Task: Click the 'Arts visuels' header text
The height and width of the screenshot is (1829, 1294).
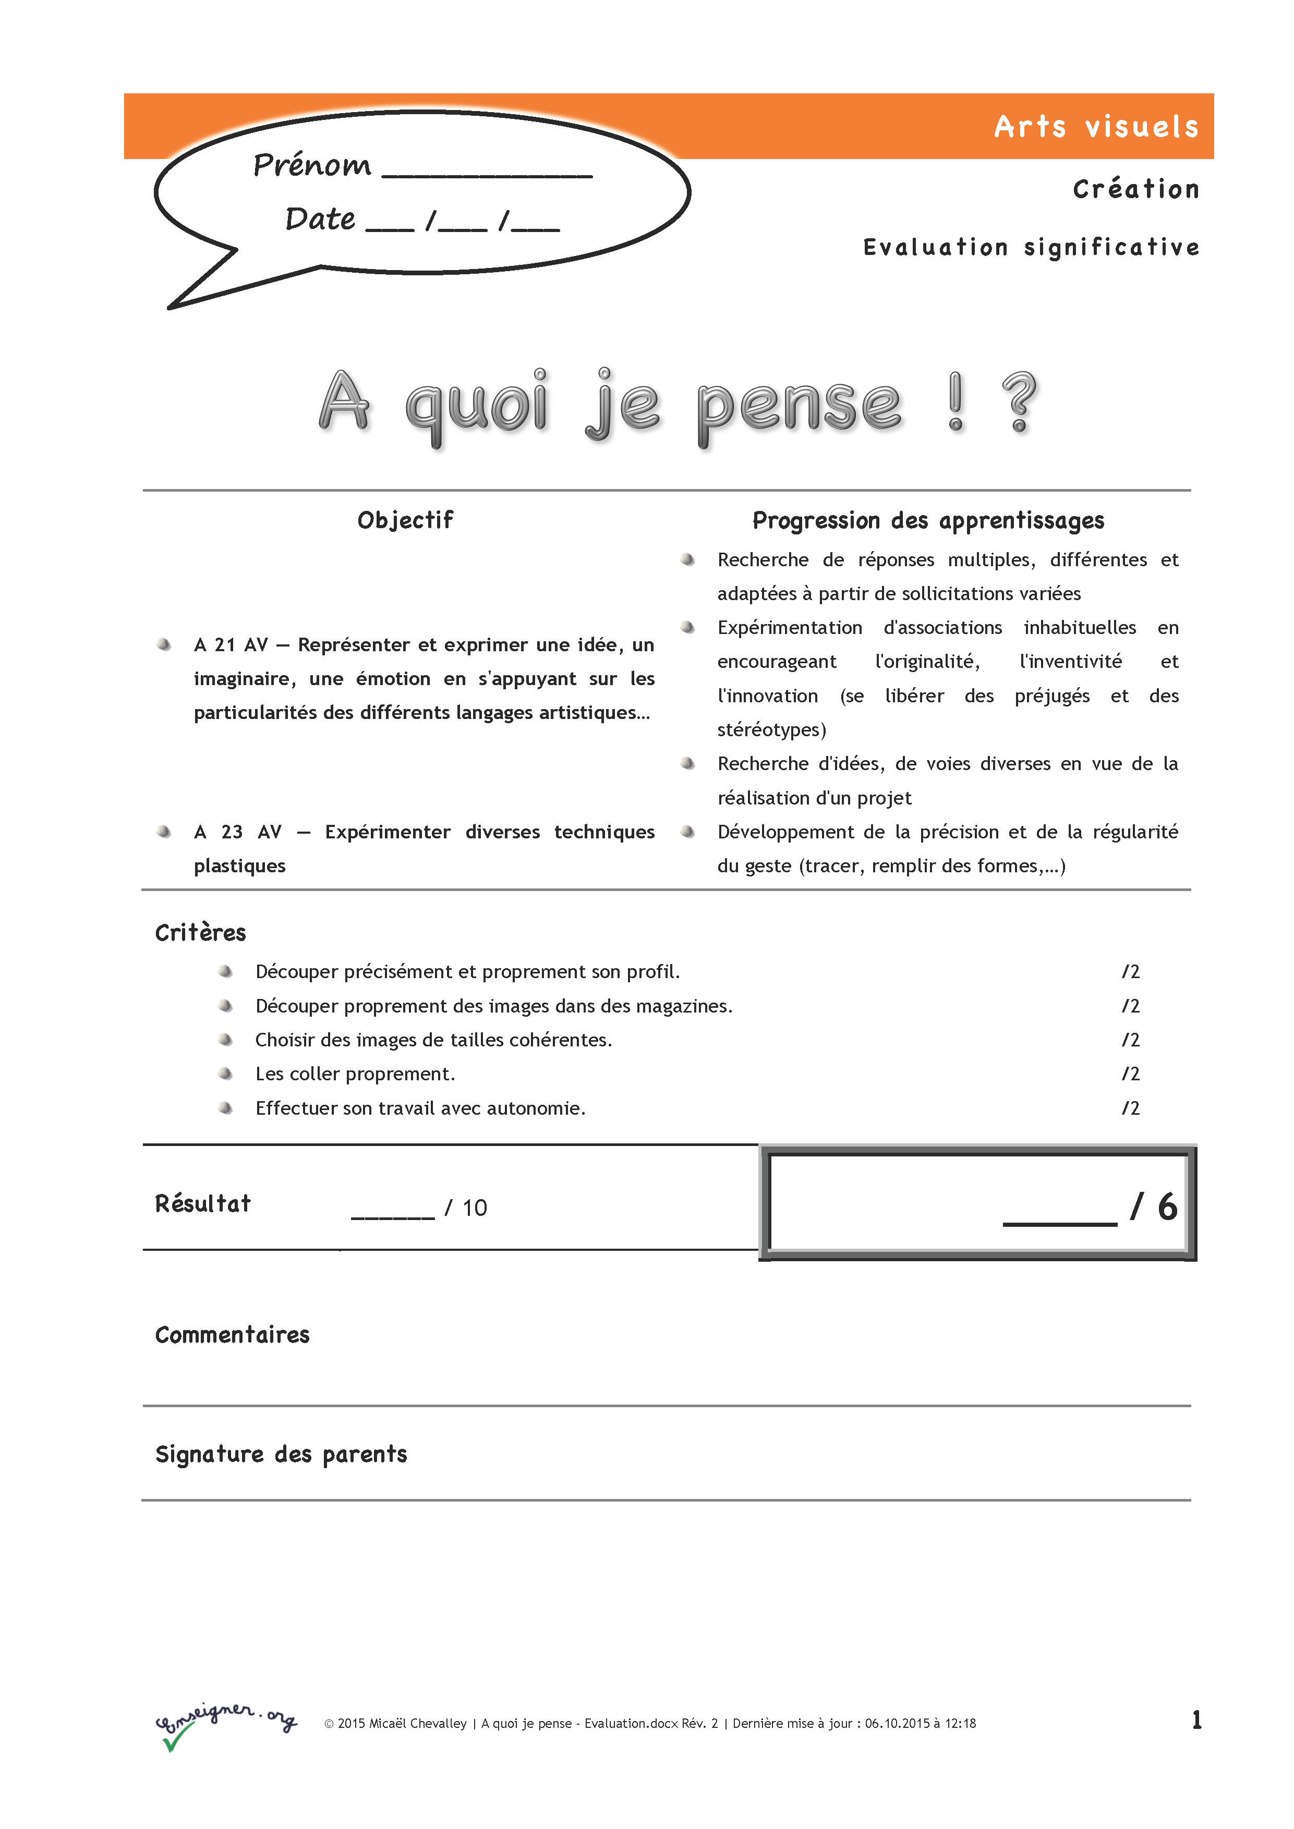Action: (x=1096, y=127)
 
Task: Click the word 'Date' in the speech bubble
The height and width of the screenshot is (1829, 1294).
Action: (x=320, y=218)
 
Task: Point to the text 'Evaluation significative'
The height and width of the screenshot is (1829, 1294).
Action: (x=1031, y=247)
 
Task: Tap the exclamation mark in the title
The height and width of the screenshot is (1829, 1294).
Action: (x=956, y=401)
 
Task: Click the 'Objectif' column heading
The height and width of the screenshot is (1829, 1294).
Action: (x=405, y=520)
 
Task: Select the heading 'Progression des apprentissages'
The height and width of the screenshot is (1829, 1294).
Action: (x=928, y=520)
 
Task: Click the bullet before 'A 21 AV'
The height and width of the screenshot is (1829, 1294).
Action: (x=164, y=644)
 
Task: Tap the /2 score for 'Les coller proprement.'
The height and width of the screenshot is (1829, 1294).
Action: (x=1131, y=1074)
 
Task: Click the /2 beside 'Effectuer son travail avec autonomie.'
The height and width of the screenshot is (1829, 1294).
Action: (x=1131, y=1108)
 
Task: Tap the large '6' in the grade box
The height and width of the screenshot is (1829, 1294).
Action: (x=1167, y=1207)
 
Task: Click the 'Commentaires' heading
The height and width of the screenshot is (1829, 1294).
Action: (x=232, y=1335)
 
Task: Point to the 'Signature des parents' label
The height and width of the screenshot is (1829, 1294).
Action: (x=281, y=1455)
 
